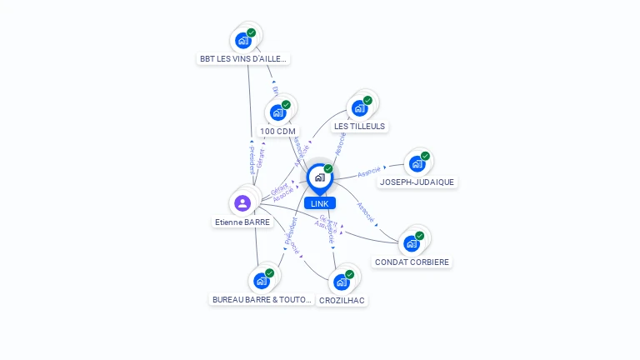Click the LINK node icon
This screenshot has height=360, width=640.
(x=319, y=177)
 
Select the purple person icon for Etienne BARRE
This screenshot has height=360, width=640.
(x=242, y=202)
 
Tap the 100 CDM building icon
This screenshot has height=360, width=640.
(x=278, y=112)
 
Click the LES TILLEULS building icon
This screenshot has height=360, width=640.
(x=360, y=107)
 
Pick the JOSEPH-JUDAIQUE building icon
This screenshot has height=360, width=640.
(x=417, y=163)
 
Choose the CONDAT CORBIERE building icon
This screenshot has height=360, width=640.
(x=412, y=243)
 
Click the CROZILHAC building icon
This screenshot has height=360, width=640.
(x=342, y=282)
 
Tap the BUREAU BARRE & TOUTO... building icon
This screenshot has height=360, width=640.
(x=262, y=281)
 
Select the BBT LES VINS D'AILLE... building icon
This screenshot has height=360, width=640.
(x=243, y=40)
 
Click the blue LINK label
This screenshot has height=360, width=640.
(x=319, y=203)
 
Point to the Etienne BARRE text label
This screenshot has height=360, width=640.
(x=242, y=222)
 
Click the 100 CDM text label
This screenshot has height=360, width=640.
(x=277, y=132)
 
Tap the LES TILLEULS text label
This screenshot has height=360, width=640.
(x=359, y=127)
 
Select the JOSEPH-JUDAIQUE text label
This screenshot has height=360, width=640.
(x=417, y=182)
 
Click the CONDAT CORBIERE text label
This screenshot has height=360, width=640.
(x=412, y=262)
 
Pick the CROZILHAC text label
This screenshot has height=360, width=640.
(x=342, y=301)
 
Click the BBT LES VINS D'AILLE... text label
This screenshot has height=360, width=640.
(x=243, y=59)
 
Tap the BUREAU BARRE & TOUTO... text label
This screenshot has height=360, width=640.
(x=262, y=300)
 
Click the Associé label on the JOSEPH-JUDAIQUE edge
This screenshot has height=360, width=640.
(x=370, y=172)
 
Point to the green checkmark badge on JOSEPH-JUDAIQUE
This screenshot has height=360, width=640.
(x=425, y=156)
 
